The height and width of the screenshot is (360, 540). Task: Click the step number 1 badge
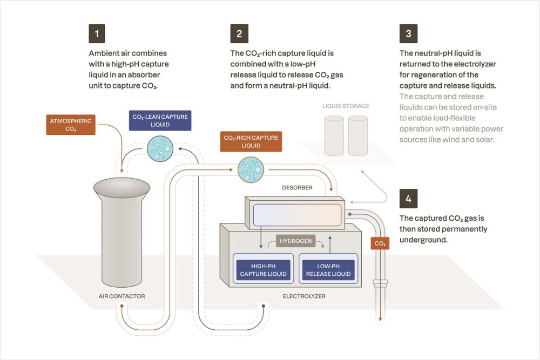97,33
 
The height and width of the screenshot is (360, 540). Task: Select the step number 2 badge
239,33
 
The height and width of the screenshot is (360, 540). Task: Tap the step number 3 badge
408,33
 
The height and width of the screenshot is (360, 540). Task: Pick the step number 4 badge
408,199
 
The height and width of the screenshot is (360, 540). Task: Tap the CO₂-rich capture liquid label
251,141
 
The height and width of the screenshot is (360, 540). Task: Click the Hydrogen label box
295,241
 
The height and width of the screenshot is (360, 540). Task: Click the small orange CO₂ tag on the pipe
380,243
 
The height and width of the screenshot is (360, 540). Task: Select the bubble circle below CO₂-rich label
250,169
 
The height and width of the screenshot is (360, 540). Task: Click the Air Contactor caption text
122,296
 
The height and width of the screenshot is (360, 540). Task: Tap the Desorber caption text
297,188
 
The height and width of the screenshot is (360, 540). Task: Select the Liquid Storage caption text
346,106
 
